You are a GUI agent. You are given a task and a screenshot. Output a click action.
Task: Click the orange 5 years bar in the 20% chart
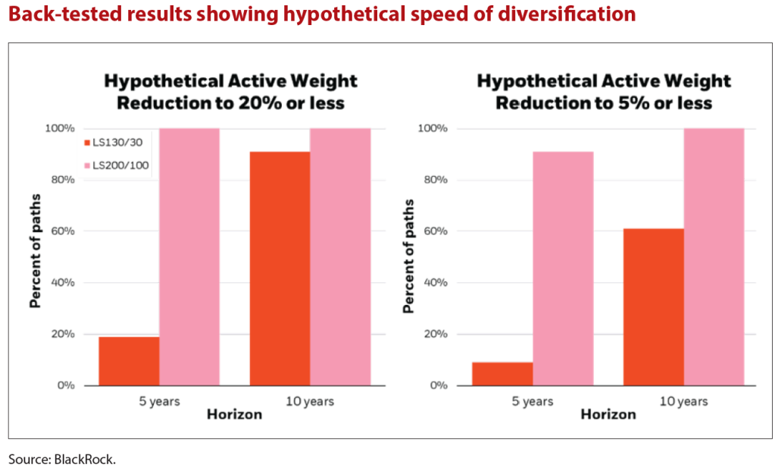129,361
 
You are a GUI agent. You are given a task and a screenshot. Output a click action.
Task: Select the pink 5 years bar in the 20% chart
189,257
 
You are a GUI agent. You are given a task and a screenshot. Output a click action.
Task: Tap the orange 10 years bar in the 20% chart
280,268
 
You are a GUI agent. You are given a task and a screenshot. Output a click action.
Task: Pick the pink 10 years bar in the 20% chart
340,257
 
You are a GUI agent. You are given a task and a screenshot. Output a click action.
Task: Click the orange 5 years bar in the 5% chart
502,374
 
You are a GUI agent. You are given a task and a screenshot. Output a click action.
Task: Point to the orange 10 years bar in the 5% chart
653,307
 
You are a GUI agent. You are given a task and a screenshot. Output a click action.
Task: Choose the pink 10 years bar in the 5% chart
714,257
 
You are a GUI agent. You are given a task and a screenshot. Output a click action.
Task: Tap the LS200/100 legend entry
116,165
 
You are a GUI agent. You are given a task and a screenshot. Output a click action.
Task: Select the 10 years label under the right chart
683,401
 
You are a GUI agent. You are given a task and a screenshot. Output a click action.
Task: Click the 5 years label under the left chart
159,401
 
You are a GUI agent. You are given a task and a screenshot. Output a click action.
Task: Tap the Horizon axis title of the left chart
235,416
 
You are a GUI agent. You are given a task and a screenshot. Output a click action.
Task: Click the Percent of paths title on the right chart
409,256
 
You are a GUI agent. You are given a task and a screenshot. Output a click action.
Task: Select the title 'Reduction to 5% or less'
604,102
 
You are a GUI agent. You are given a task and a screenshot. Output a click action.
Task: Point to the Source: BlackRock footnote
62,459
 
